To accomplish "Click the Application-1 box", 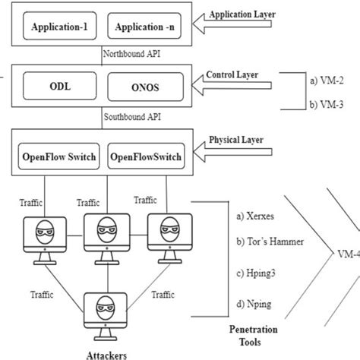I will tap(60, 28).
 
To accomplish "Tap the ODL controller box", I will tap(60, 85).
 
